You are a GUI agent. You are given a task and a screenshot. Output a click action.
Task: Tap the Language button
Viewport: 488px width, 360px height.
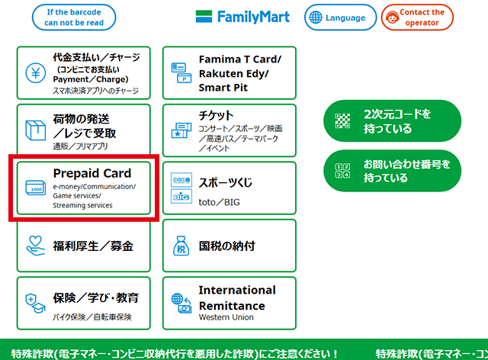340,18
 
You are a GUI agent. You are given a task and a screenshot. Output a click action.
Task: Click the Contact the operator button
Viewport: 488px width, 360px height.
412,18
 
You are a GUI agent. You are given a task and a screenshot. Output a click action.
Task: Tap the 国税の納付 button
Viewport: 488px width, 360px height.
229,246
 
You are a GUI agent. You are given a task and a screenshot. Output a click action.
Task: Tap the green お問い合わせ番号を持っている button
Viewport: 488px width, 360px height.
393,171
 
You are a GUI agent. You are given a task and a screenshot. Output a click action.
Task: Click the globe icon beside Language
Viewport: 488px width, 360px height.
316,18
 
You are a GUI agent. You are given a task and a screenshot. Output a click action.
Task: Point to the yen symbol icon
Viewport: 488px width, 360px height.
36,73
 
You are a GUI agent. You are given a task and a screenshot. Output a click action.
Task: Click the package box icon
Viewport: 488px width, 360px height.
36,130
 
